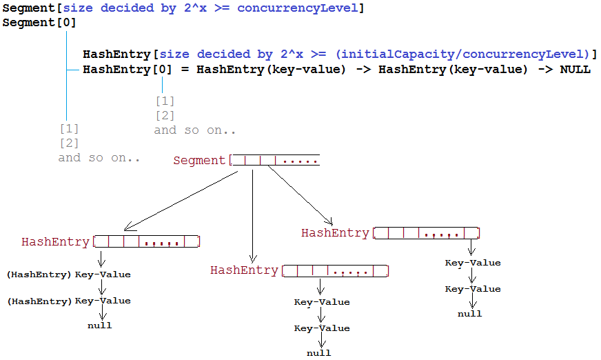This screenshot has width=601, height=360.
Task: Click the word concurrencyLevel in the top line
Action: click(x=298, y=8)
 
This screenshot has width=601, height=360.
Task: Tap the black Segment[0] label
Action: click(x=39, y=23)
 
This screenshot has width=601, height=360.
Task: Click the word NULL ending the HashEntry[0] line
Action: click(x=575, y=70)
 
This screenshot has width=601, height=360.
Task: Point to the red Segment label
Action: click(x=199, y=160)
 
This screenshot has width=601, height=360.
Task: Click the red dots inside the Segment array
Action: click(x=300, y=162)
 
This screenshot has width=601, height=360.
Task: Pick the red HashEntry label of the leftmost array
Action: click(x=55, y=242)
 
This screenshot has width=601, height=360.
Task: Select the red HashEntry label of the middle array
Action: click(x=244, y=270)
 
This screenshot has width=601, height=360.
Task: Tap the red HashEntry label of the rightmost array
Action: click(x=335, y=233)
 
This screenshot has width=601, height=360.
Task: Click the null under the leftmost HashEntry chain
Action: click(x=100, y=326)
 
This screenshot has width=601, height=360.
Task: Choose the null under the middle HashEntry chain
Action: click(x=319, y=353)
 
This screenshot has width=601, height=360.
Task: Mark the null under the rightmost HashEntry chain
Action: click(x=470, y=314)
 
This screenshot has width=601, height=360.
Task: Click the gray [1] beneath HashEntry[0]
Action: click(x=165, y=101)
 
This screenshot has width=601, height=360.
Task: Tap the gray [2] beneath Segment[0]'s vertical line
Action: click(x=69, y=143)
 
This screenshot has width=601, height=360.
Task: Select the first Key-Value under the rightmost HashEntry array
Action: click(x=473, y=263)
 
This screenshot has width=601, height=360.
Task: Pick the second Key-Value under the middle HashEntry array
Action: click(x=322, y=328)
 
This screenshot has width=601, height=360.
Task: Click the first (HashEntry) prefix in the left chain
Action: click(x=39, y=275)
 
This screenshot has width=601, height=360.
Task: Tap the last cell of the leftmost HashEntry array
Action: click(x=192, y=241)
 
